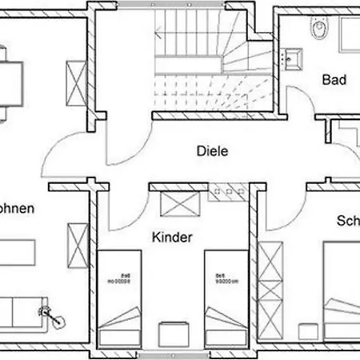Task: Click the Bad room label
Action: (x=333, y=79)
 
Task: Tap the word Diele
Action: (x=213, y=150)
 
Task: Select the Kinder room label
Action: (x=172, y=237)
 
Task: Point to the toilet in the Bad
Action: (x=319, y=30)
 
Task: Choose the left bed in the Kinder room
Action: (x=120, y=297)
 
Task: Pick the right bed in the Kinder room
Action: (x=224, y=297)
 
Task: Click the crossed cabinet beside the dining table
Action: (x=78, y=81)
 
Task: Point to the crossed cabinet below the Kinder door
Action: (x=178, y=204)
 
